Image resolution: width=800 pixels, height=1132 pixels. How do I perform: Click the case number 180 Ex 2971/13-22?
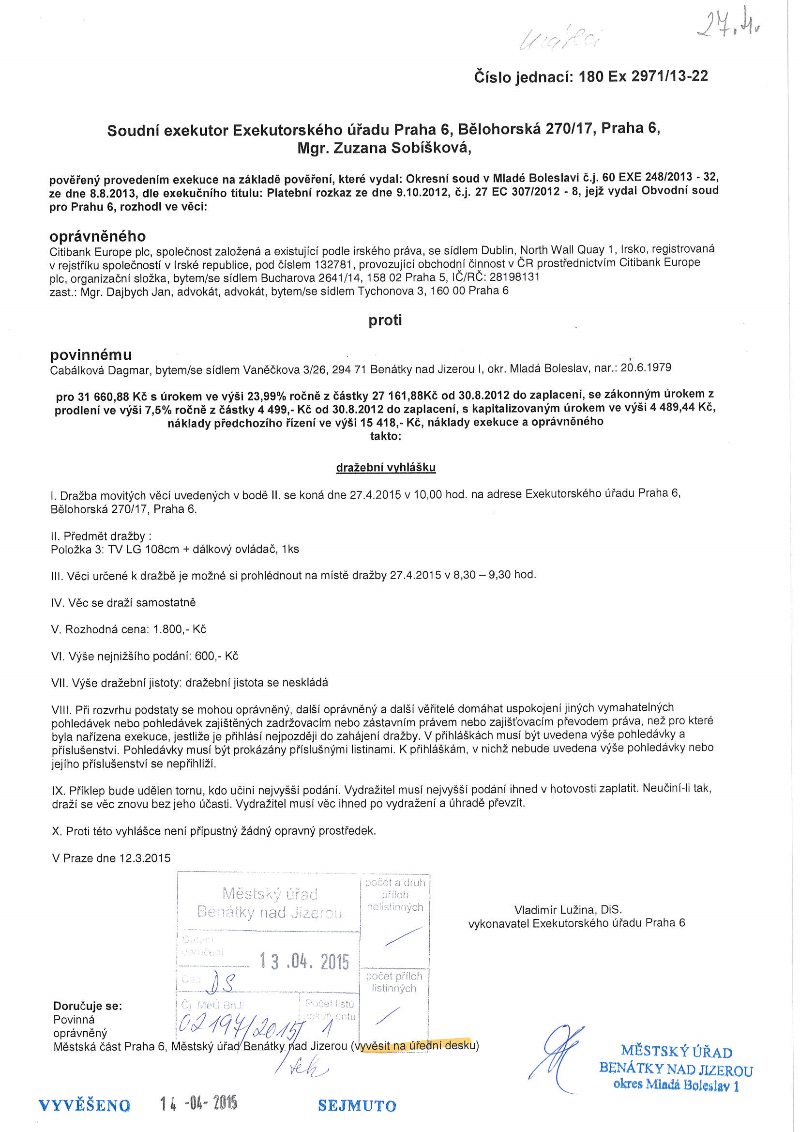pyautogui.click(x=644, y=76)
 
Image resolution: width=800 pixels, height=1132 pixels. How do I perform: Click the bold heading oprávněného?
pyautogui.click(x=98, y=236)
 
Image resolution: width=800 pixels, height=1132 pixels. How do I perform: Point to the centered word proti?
pyautogui.click(x=385, y=321)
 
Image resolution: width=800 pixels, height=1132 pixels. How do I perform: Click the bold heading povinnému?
pyautogui.click(x=91, y=354)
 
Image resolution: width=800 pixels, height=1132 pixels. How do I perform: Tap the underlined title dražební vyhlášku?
pyautogui.click(x=385, y=467)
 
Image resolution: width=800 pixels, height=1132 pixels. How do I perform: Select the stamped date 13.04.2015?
pyautogui.click(x=304, y=962)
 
